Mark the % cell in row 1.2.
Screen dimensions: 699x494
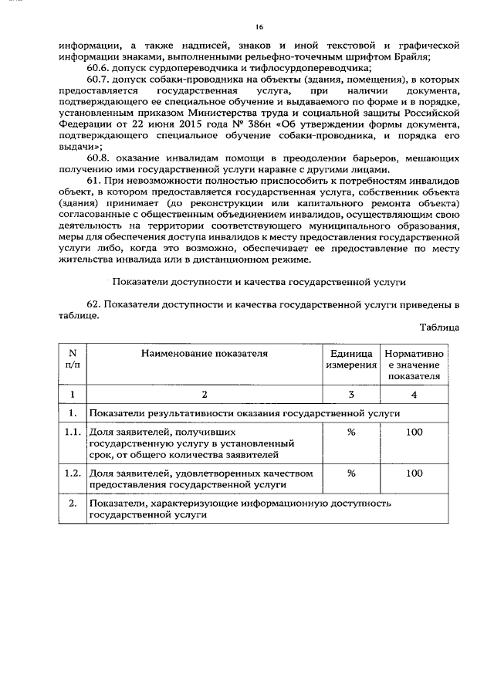point(350,472)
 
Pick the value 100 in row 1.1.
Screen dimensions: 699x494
point(414,433)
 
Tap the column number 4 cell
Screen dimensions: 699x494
point(414,395)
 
